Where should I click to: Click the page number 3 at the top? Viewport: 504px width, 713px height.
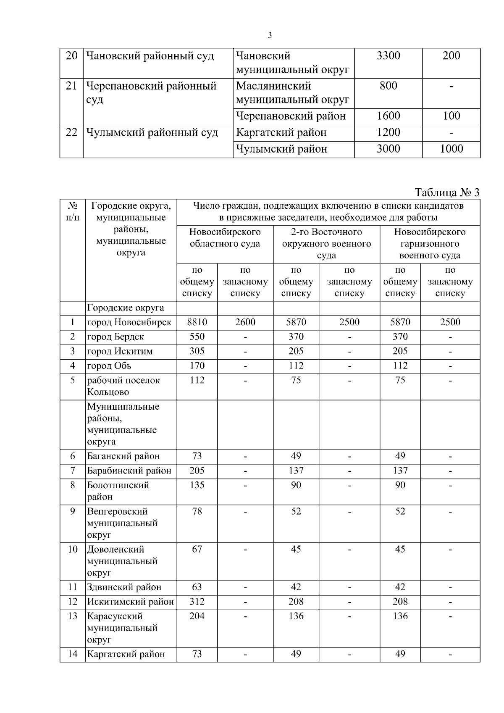270,35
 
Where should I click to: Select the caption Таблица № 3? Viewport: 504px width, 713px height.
447,192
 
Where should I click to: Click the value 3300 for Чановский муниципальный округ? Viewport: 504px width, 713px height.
388,56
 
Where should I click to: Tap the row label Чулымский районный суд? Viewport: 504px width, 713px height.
152,133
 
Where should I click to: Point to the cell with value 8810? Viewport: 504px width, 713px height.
197,322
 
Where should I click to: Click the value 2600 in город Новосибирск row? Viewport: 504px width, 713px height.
245,322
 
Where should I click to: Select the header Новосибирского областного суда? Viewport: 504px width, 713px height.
225,238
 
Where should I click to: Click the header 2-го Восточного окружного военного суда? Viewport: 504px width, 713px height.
326,244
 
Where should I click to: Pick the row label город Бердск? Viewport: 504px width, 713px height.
115,337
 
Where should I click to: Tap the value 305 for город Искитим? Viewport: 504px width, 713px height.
197,351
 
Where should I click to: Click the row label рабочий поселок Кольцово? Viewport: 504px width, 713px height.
123,386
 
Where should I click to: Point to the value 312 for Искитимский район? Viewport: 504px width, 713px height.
197,602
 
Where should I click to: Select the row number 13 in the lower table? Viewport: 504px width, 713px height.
73,616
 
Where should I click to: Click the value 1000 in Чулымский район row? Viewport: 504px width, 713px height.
451,149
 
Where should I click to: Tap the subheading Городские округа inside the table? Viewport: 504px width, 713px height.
125,308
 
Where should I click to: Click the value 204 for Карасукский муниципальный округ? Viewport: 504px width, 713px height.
197,616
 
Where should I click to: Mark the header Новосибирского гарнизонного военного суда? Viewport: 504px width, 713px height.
430,244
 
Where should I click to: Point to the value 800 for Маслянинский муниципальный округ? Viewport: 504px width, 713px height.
388,86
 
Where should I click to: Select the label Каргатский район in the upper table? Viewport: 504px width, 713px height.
281,133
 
